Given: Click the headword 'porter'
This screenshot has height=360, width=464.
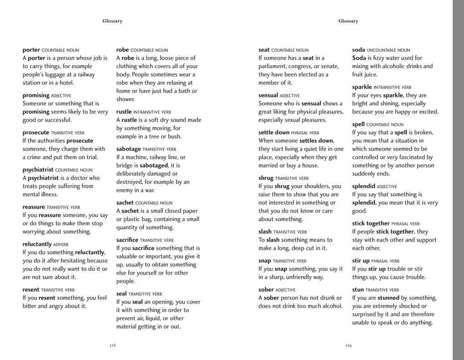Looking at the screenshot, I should click(31, 50).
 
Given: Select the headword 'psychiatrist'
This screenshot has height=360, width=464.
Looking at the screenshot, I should click(38, 170).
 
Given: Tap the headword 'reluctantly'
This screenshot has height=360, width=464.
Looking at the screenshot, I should click(37, 244).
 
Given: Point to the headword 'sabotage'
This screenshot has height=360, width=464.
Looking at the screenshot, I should click(129, 149).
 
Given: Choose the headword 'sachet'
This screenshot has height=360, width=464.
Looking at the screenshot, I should click(125, 203).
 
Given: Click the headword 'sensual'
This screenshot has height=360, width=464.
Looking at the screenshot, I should click(268, 95).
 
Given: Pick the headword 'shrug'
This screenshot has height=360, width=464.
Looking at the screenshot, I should click(266, 178).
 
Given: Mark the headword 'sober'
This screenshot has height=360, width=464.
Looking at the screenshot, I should click(266, 289).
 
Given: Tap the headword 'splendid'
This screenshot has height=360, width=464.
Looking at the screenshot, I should click(364, 186).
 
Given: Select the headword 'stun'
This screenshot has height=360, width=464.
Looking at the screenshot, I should click(358, 289).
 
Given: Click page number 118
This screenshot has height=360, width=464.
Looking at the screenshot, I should click(112, 345).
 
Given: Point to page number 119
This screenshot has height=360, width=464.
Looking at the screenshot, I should click(348, 345).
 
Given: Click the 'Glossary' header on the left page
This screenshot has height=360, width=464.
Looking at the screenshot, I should click(112, 21).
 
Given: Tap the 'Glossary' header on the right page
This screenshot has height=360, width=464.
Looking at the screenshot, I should click(348, 21).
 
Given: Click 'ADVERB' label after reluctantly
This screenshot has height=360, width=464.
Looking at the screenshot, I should click(61, 244).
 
